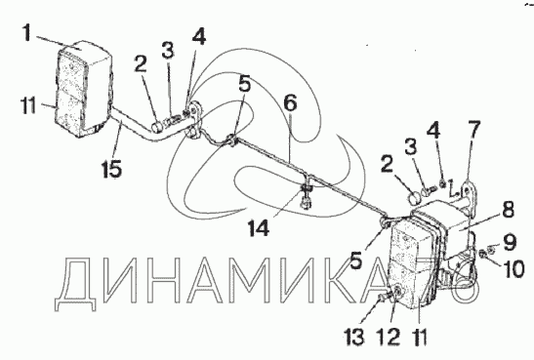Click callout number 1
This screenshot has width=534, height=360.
coord(28,32)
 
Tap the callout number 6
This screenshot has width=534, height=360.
coord(290,103)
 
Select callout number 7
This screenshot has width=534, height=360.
coord(474,130)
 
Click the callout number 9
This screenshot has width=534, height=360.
coord(510,242)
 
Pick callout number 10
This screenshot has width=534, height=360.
coord(513,269)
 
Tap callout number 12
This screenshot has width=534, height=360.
coord(388,337)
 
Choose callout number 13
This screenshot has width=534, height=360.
coord(353,337)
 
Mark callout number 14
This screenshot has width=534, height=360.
coord(259,227)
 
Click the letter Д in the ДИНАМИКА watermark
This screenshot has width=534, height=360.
coord(75,284)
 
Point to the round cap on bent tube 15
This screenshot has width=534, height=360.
coord(157,127)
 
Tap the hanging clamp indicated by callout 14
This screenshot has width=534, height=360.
coord(306,196)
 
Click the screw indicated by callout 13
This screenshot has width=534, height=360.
coord(382,299)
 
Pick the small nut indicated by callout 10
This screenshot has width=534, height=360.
coord(482,253)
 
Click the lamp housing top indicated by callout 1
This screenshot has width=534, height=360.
coord(87,54)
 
